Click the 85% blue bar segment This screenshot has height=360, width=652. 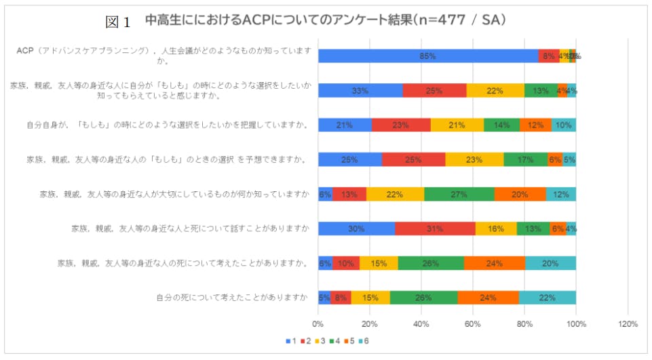coord(427,56)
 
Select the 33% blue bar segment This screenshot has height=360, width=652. coord(360,91)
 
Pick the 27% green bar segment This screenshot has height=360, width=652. coord(459,194)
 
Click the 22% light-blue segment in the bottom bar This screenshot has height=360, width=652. coord(547,298)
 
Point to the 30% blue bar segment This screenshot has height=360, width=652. coord(357,228)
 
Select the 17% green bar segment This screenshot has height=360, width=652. coord(526,159)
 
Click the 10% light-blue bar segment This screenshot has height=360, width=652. coord(563,125)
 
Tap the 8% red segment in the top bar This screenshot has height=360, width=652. coord(549,56)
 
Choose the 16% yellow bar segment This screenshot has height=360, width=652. coord(496,228)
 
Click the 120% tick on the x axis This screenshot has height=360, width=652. coord(628,324)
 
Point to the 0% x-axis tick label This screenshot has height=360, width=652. coord(318,324)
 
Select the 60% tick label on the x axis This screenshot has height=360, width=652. coord(473,324)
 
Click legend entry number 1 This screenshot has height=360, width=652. coord(290,340)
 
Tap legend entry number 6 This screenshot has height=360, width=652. coord(366,340)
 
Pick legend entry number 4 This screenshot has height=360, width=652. coord(336,340)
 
